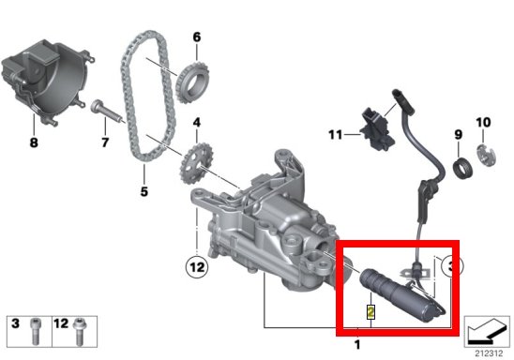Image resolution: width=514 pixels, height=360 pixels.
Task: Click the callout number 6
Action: [196, 37]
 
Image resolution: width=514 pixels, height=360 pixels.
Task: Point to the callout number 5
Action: [144, 191]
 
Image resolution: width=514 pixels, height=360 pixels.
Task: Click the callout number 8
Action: [34, 142]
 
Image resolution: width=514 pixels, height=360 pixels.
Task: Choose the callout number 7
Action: [105, 142]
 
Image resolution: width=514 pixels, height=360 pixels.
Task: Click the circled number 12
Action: [197, 267]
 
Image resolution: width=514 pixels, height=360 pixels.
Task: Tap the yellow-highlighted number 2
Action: [370, 312]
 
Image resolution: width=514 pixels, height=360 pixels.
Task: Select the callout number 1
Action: [357, 345]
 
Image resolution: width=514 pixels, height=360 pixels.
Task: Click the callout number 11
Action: [336, 135]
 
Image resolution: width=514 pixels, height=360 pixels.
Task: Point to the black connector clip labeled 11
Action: [377, 129]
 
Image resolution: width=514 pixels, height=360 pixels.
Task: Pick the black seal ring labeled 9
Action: [462, 168]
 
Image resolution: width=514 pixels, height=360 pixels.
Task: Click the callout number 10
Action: [483, 123]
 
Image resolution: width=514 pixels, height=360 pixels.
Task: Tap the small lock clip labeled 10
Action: [486, 155]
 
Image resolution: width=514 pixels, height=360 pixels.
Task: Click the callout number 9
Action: [459, 134]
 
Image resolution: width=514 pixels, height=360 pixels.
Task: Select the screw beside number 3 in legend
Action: [36, 332]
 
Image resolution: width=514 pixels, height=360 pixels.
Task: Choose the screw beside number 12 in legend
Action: [80, 332]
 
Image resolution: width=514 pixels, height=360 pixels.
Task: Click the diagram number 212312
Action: [489, 353]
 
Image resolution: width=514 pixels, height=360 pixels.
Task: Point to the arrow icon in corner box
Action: [487, 332]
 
